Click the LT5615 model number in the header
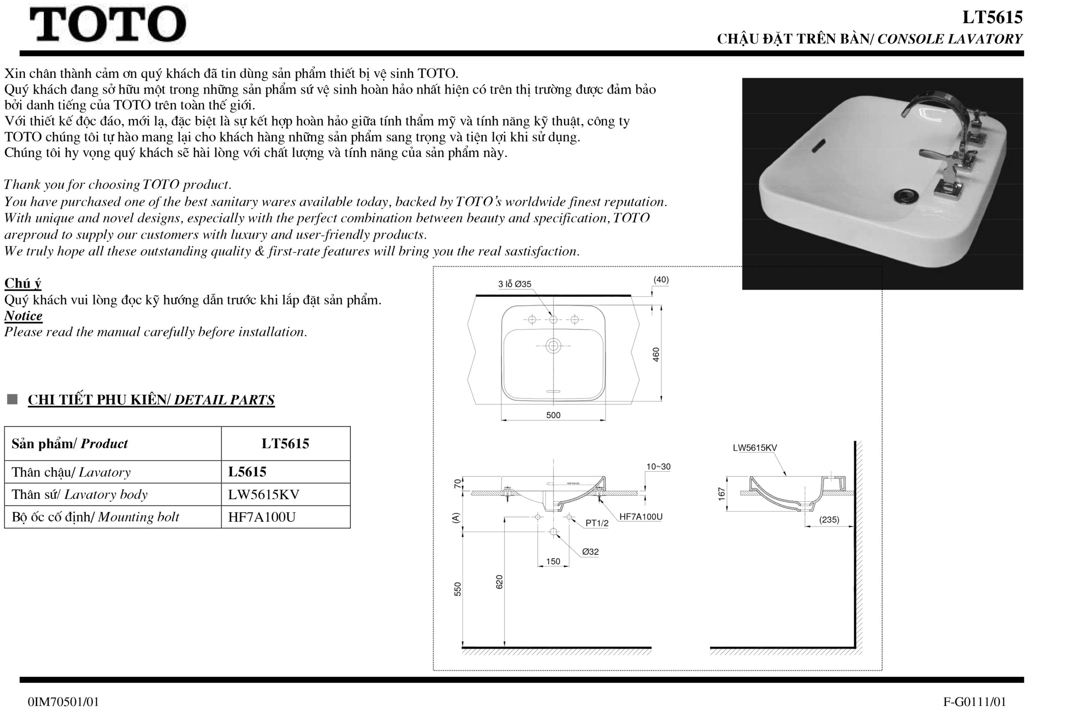(992, 18)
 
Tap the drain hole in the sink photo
(906, 195)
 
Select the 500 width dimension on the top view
(553, 415)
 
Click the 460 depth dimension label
(656, 354)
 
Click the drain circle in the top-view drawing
(553, 345)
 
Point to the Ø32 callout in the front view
(590, 551)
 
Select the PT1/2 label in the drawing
(597, 523)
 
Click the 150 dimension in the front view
(553, 561)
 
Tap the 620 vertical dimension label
(499, 582)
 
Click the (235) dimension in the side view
(829, 520)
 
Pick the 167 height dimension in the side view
(721, 494)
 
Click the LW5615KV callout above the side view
(754, 448)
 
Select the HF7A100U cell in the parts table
(262, 517)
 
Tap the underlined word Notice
(23, 316)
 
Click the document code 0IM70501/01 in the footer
(63, 702)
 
